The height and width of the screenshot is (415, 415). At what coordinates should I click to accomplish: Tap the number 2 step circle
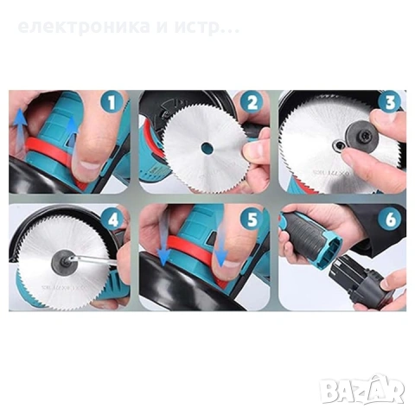pyautogui.click(x=251, y=102)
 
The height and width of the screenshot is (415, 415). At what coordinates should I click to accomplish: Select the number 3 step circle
pyautogui.click(x=391, y=103)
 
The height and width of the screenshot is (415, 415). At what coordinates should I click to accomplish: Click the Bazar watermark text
pyautogui.click(x=362, y=391)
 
